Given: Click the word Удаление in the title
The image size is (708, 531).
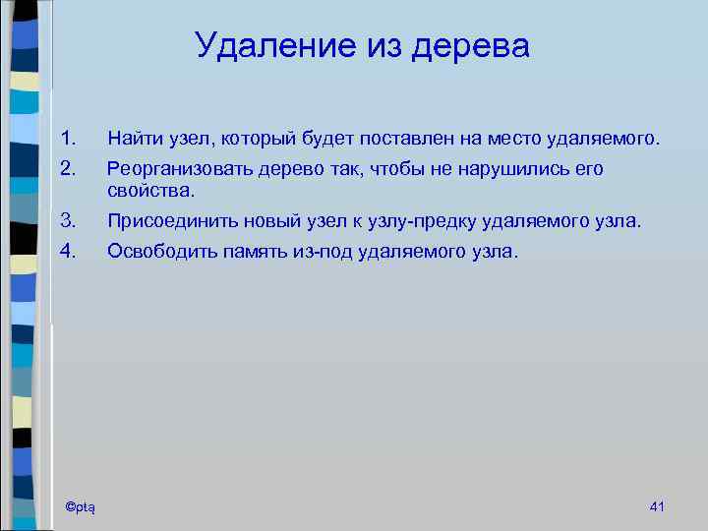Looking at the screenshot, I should pos(264,45).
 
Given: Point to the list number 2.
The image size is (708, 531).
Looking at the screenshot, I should pos(66,169).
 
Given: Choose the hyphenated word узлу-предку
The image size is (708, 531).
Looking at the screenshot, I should pos(442,221).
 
